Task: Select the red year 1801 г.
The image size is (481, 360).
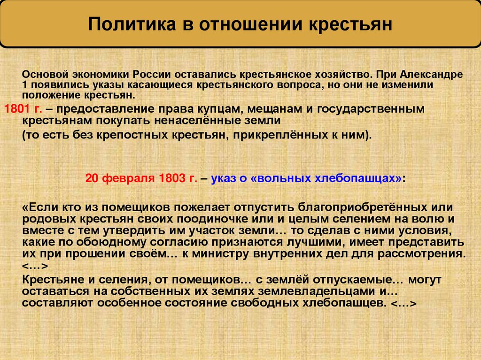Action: click(x=23, y=108)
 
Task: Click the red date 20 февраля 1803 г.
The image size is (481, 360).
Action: click(x=141, y=179)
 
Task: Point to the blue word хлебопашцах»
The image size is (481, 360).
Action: click(x=357, y=179)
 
